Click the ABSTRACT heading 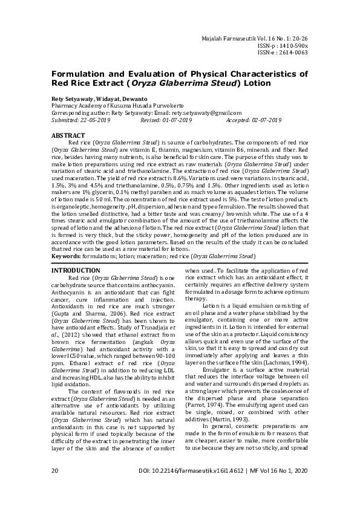(68, 136)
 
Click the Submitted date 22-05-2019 (96, 120)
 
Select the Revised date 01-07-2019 (174, 120)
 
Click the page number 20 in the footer (55, 487)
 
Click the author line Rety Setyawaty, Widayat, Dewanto (99, 99)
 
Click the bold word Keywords (66, 257)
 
